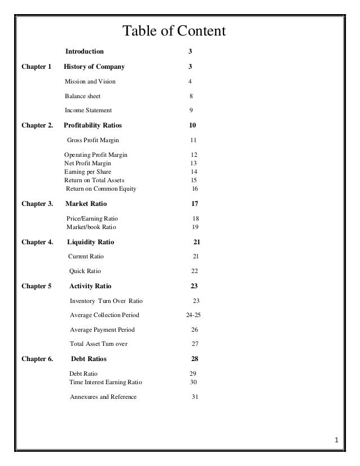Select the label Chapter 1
tap(36, 67)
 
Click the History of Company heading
tap(94, 67)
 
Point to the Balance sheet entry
tap(82, 96)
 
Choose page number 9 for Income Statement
tap(191, 111)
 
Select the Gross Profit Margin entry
tap(93, 140)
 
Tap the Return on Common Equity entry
tap(101, 188)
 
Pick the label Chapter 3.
tap(37, 204)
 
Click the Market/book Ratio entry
tap(91, 227)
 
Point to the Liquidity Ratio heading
tap(90, 242)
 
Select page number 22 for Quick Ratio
tap(194, 271)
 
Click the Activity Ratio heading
tap(90, 286)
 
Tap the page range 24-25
tap(193, 315)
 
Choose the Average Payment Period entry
tap(102, 329)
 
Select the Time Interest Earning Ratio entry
tap(106, 382)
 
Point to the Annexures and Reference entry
tap(103, 397)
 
